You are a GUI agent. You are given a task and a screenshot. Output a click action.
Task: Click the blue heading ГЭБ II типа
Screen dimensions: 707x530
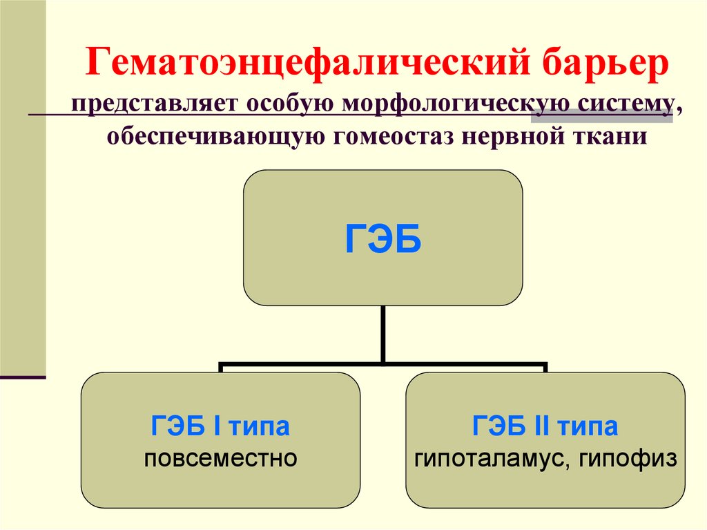pyautogui.click(x=545, y=427)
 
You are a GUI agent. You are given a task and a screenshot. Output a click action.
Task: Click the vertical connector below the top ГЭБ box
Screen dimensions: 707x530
pyautogui.click(x=382, y=333)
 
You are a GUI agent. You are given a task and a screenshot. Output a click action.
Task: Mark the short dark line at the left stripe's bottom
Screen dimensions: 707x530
pyautogui.click(x=23, y=378)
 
